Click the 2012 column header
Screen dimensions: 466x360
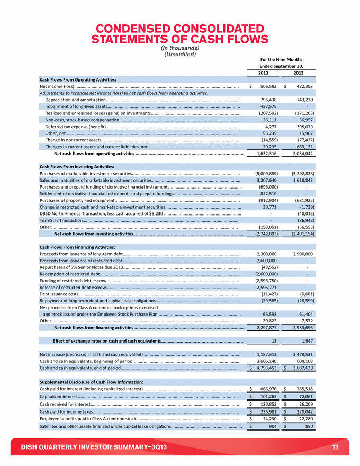click(x=299, y=73)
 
